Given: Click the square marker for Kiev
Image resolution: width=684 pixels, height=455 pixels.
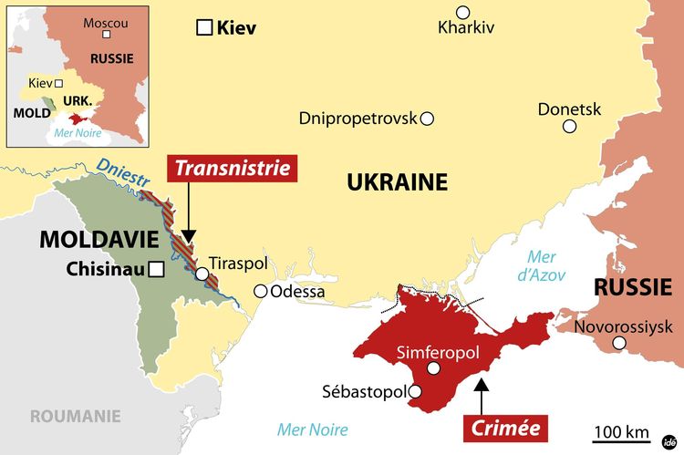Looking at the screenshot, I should click(x=204, y=27).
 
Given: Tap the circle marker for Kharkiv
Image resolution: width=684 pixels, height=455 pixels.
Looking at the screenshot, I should click(x=464, y=12).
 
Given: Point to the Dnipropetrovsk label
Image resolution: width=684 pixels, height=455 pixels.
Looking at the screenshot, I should click(x=358, y=119).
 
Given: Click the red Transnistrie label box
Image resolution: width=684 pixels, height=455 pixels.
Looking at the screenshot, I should click(x=233, y=168).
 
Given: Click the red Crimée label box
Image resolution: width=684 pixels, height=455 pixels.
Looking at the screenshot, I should click(x=505, y=427).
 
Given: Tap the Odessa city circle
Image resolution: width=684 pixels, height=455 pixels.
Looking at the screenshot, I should click(x=261, y=291).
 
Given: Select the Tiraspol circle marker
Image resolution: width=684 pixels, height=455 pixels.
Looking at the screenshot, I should click(x=201, y=273).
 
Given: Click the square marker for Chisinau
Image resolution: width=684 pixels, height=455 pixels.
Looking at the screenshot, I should click(x=157, y=269).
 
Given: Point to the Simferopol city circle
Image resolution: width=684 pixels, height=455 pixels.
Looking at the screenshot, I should click(x=434, y=367).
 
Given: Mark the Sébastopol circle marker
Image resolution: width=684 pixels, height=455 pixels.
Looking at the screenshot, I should click(x=415, y=392).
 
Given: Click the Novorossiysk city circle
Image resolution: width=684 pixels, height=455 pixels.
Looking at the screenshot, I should click(x=620, y=343).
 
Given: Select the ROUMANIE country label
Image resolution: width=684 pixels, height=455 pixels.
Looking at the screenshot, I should click(x=76, y=416).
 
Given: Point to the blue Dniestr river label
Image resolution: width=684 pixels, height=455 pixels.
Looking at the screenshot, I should click(x=120, y=172).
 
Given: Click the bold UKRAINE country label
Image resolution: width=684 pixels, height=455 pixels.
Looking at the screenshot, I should click(x=397, y=182).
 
